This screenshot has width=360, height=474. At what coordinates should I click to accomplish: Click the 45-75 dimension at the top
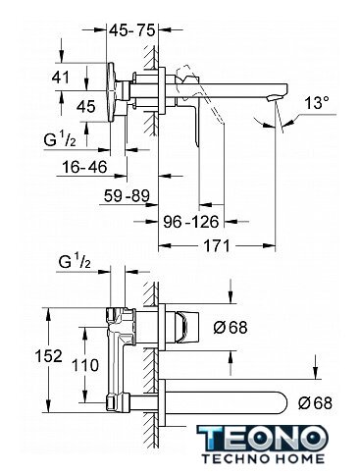(131, 30)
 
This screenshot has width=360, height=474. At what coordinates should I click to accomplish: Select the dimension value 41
(61, 78)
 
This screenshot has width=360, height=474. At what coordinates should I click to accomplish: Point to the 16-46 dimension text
(84, 167)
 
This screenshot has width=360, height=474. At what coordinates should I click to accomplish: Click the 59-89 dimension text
(127, 196)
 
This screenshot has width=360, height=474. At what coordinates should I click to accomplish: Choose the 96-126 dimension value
(191, 222)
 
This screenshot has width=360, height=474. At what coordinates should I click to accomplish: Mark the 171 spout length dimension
(217, 245)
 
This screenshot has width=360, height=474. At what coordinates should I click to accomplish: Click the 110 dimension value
(85, 365)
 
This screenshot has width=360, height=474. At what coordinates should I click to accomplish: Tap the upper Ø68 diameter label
(231, 327)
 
